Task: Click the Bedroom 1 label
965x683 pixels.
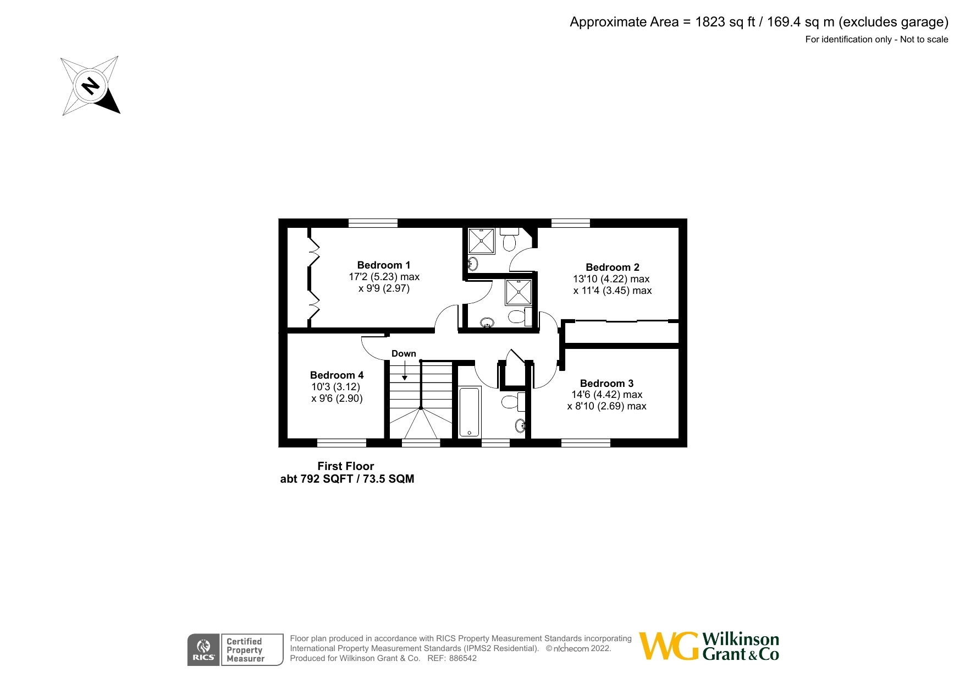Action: [x=383, y=265]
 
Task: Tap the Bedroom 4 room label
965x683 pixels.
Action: [x=337, y=375]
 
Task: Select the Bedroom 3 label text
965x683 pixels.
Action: [x=606, y=383]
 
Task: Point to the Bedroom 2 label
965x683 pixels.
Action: [x=612, y=267]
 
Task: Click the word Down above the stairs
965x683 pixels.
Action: [x=404, y=353]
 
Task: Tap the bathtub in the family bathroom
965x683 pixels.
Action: [x=469, y=412]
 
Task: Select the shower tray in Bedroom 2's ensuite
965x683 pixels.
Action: [x=481, y=241]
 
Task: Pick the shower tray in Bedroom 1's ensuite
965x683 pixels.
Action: [x=519, y=292]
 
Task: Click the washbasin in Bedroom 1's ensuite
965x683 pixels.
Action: [x=487, y=323]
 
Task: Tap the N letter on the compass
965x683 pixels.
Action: [x=91, y=86]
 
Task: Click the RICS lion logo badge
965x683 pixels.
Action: [x=203, y=649]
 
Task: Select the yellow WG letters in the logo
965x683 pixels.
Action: [x=669, y=646]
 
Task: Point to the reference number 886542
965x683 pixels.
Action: [x=462, y=658]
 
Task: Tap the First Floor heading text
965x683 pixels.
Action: [x=345, y=466]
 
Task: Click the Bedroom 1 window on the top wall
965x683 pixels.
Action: [x=373, y=223]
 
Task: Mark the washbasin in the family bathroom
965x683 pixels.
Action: [x=520, y=425]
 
